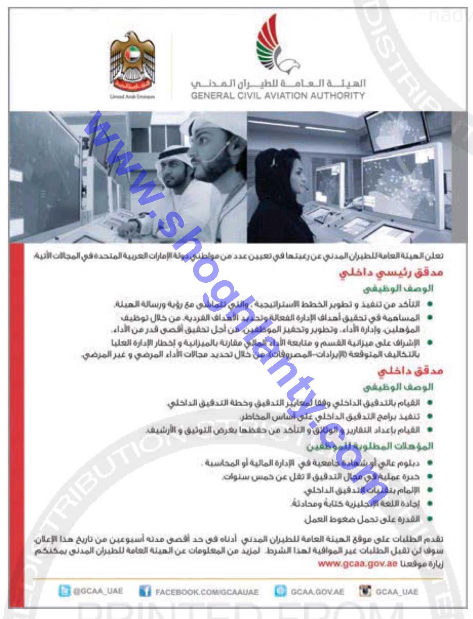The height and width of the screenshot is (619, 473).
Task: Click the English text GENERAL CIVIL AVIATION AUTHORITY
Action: pos(277,96)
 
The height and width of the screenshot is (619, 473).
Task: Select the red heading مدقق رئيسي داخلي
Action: pos(391,273)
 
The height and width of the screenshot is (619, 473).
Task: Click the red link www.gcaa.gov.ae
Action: pos(358,563)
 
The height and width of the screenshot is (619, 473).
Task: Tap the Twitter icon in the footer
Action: pos(65,591)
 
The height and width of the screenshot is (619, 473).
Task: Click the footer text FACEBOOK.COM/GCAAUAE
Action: pos(207,592)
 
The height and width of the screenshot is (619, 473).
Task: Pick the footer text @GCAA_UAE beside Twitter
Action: pos(98,591)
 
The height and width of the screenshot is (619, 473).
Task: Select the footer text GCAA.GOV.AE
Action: pos(317,592)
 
